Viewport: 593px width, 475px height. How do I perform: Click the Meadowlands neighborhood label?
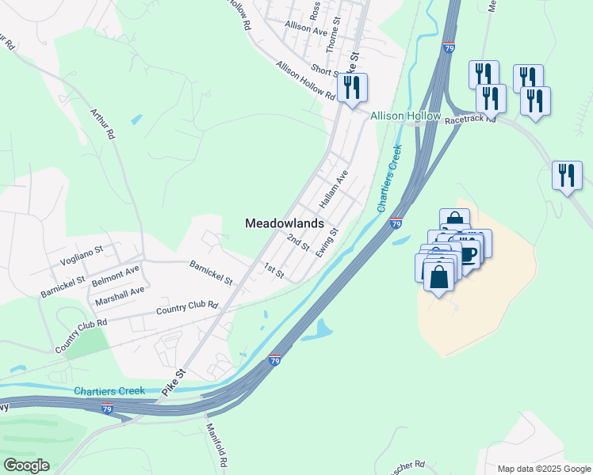tap(284, 224)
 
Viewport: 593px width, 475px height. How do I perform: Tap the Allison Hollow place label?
tap(405, 116)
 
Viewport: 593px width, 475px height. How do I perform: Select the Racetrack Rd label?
tap(470, 120)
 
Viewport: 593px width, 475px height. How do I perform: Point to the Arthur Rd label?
tap(103, 124)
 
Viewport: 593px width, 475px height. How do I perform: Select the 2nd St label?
tap(298, 243)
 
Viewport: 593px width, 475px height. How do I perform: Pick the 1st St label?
tap(274, 270)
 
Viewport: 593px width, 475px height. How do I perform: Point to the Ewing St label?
tap(327, 242)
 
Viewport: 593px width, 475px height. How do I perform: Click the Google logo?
tap(26, 465)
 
